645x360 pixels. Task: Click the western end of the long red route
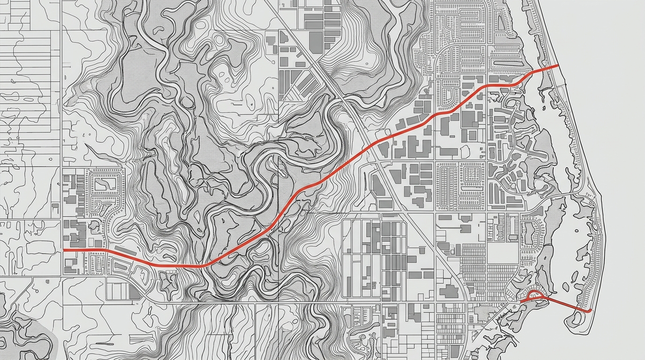tap(64, 250)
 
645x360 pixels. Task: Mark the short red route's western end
tap(520, 302)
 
